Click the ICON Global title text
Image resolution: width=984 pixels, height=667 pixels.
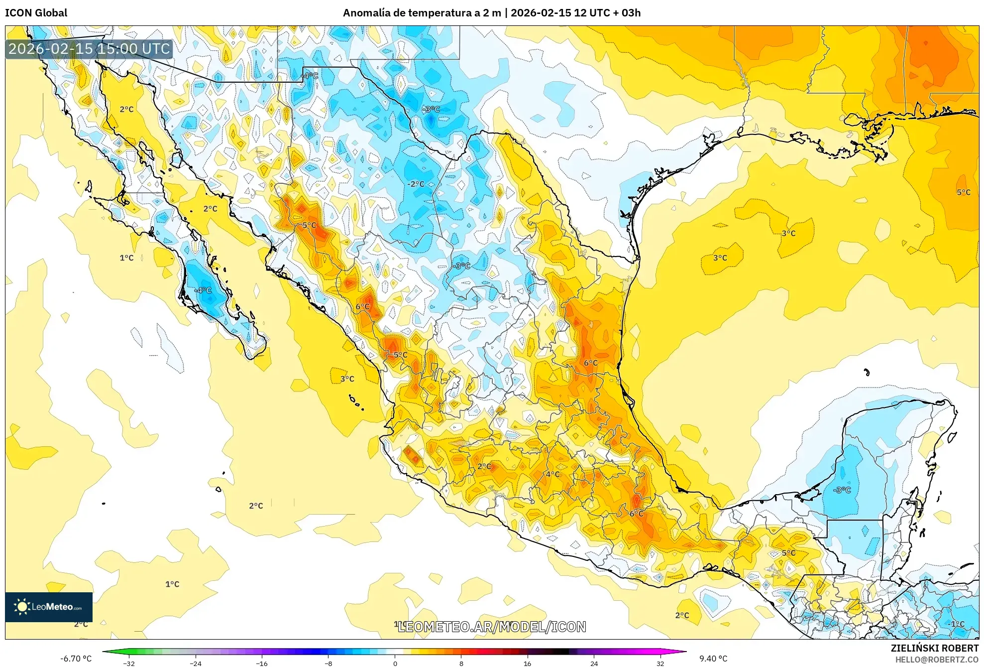(36, 13)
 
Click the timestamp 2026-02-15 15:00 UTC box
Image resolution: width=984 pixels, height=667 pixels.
(89, 49)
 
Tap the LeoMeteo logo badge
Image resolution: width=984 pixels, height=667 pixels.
(49, 607)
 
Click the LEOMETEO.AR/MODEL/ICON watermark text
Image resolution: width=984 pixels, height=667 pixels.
(492, 627)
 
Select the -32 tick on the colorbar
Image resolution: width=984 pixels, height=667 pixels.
(129, 663)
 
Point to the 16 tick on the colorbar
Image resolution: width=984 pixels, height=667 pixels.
(528, 663)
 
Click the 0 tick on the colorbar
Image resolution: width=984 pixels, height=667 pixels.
(395, 663)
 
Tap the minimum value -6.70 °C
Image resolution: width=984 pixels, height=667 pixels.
(76, 659)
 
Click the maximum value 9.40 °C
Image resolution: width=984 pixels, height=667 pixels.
(713, 659)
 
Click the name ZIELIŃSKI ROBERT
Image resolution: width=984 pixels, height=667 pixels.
(934, 648)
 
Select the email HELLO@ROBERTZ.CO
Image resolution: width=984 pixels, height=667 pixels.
(937, 660)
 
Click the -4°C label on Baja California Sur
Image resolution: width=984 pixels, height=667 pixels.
(203, 290)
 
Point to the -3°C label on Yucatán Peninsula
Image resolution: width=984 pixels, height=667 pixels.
(842, 490)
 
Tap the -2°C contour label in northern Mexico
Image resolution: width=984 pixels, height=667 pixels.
(416, 184)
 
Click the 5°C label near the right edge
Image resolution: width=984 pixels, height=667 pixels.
(963, 192)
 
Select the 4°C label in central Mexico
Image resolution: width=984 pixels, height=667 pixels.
(552, 474)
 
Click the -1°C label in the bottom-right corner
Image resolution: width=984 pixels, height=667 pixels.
(957, 624)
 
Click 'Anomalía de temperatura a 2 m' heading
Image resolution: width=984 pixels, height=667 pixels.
(422, 13)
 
